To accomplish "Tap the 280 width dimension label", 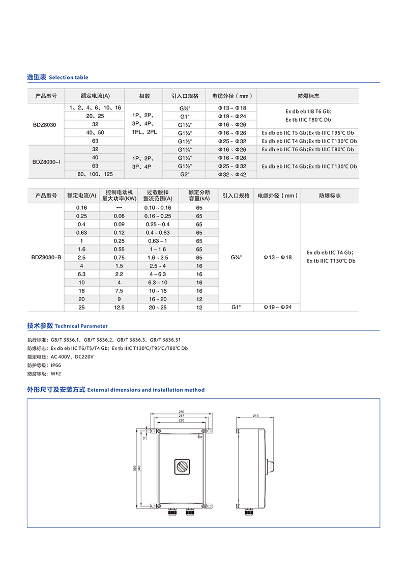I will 181,412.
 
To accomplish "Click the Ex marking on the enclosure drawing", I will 200,437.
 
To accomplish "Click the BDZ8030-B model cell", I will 46,258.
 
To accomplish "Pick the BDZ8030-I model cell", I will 46,162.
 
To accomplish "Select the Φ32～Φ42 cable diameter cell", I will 232,174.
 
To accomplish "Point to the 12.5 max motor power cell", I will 119,308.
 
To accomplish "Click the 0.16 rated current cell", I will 81,208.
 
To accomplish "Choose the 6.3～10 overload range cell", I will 155,283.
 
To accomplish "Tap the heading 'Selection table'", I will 68,77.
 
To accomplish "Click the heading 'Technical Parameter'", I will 81,326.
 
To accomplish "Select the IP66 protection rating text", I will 56,365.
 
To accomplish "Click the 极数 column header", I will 144,96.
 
